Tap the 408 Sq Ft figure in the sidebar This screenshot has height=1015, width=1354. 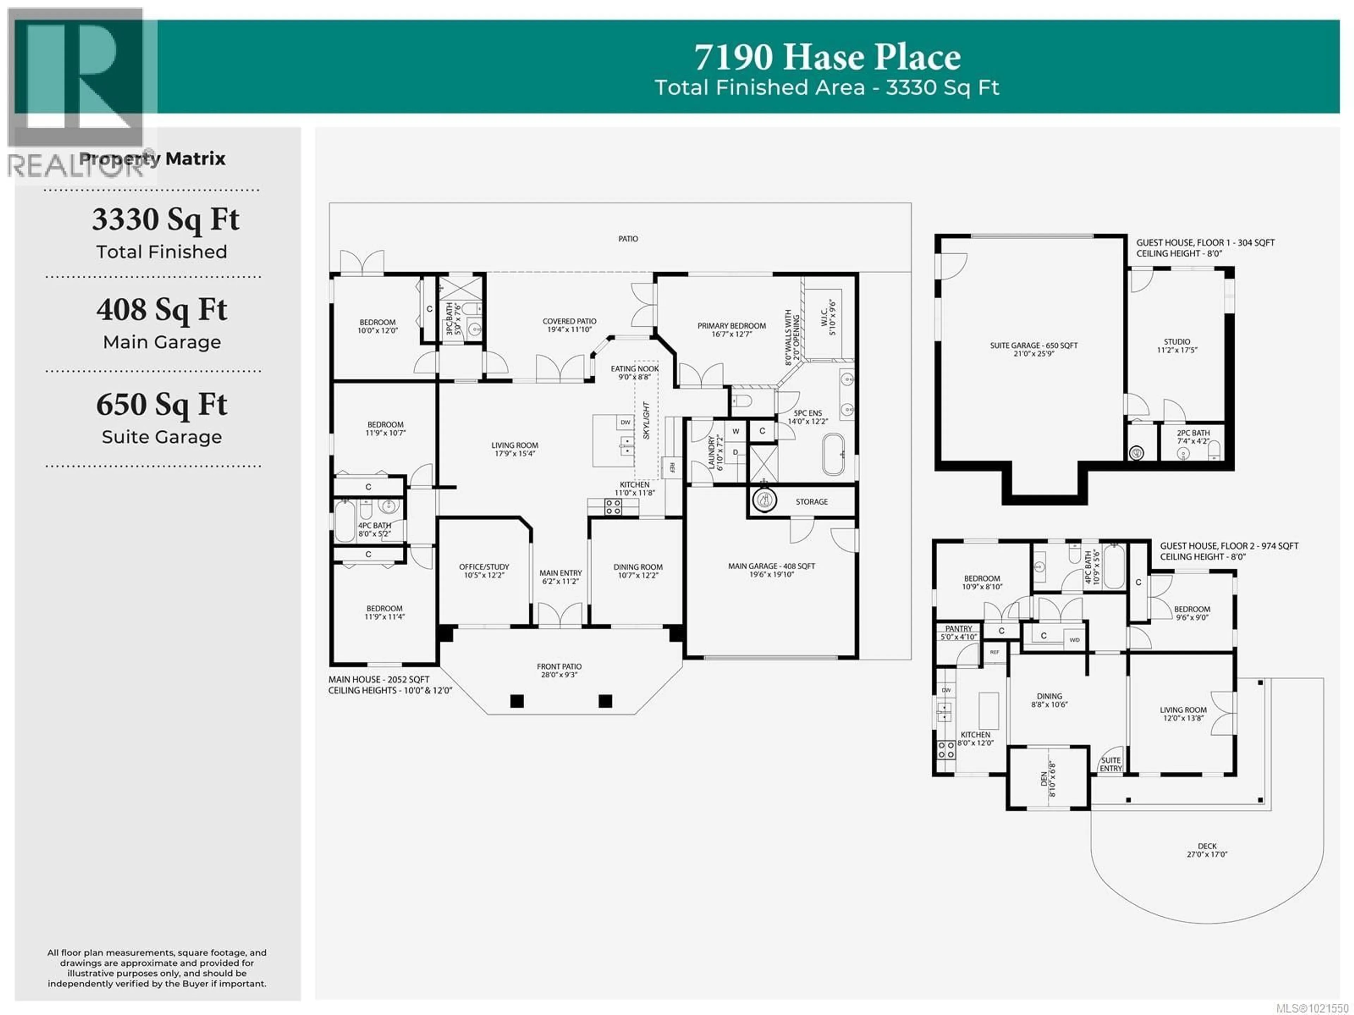point(161,310)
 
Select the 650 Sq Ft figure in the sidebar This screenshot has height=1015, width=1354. point(161,405)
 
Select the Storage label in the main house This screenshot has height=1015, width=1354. point(812,502)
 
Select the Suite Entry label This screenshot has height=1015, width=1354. point(1110,764)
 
